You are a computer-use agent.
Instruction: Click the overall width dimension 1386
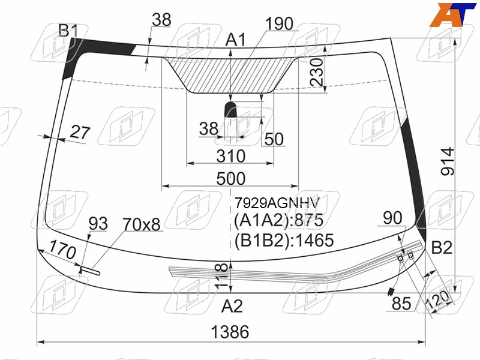pos(230,332)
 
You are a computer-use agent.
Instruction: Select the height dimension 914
pos(448,161)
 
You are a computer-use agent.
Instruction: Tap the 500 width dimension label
pos(231,178)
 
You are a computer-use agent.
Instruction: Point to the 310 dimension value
pos(231,156)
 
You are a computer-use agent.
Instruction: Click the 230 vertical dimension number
pos(316,72)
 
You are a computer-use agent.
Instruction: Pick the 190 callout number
pos(279,23)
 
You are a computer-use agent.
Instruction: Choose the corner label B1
pos(68,31)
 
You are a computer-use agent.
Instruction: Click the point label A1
pos(235,40)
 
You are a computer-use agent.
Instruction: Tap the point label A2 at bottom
pos(232,306)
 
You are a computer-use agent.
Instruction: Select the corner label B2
pos(442,247)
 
